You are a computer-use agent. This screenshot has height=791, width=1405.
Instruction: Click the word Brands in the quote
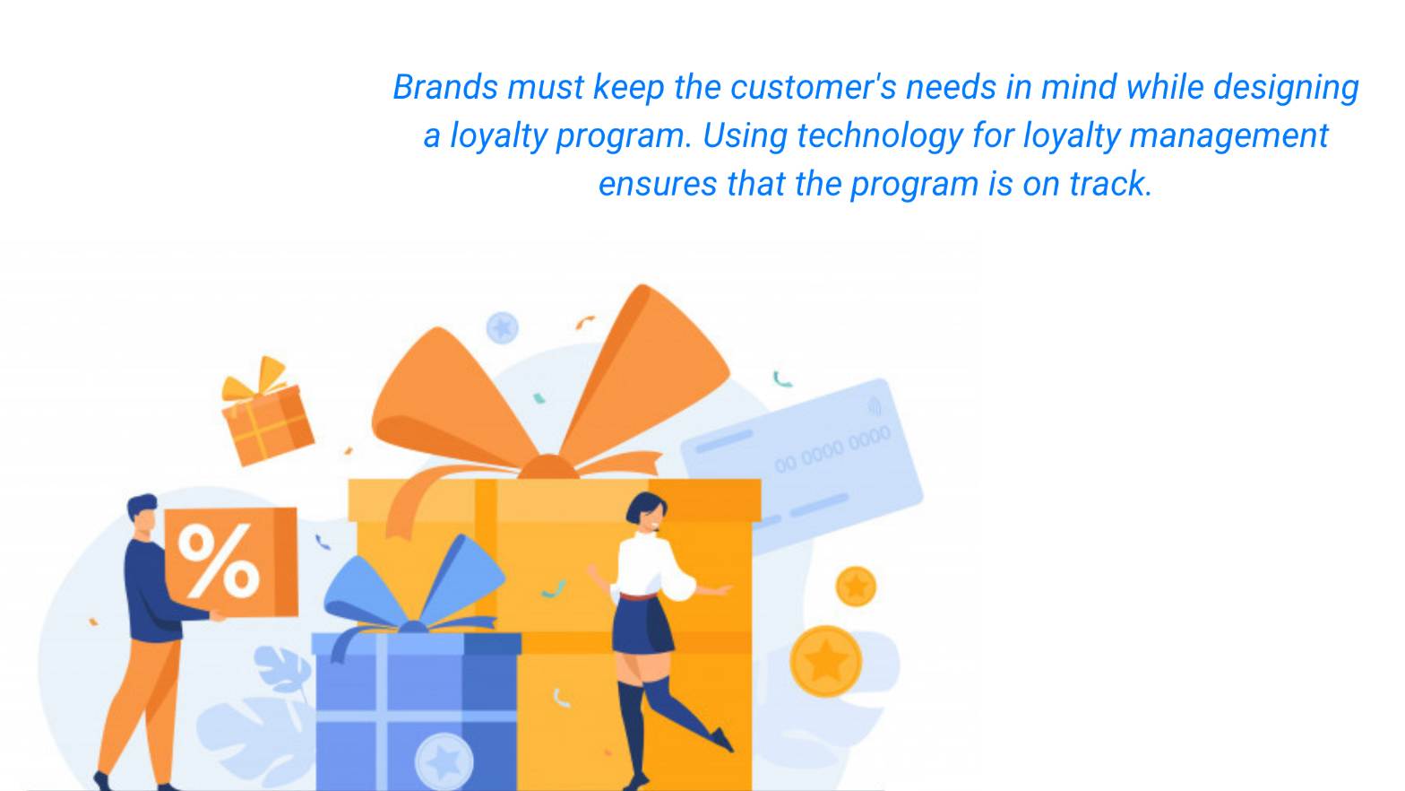pos(445,87)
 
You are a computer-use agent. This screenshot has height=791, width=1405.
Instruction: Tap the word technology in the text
pos(880,136)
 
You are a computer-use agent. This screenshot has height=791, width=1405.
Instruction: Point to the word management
pos(1228,136)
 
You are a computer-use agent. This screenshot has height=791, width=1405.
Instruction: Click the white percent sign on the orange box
pos(219,561)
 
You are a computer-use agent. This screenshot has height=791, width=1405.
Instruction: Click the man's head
pos(143,516)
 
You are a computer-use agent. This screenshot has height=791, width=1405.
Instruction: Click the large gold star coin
pos(825,661)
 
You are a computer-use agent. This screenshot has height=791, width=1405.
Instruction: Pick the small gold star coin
pos(856,587)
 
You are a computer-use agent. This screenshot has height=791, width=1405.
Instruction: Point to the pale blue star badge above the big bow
pos(503,327)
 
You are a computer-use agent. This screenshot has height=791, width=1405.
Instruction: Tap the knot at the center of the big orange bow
pos(549,468)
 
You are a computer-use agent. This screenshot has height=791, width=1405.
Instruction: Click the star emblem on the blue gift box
pos(444,761)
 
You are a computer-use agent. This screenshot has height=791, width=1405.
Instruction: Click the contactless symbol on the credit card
pos(875,406)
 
